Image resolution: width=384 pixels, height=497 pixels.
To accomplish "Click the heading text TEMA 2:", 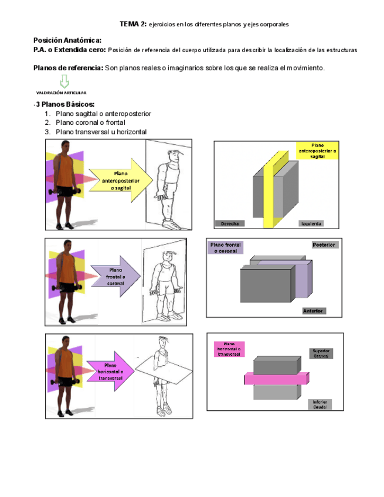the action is [132, 24].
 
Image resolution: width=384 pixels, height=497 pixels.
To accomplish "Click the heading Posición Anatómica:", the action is [67, 40].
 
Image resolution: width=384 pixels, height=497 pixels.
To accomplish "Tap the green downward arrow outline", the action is [64, 81].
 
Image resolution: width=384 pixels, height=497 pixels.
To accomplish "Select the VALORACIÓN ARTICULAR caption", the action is [62, 93].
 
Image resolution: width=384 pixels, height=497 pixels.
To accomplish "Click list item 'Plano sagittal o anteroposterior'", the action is [104, 113].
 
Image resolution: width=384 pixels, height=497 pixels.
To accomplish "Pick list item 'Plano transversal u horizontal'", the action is [101, 132].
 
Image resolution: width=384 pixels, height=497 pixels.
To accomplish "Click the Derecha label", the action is [229, 223].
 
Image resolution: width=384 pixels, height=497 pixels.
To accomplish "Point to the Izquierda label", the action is [311, 223].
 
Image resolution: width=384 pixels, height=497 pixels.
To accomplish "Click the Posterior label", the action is [324, 244].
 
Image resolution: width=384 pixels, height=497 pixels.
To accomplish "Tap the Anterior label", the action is [314, 311].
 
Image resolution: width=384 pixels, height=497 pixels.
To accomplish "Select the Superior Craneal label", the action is [321, 353].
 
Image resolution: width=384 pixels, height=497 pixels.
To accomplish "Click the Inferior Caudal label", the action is [320, 404].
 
